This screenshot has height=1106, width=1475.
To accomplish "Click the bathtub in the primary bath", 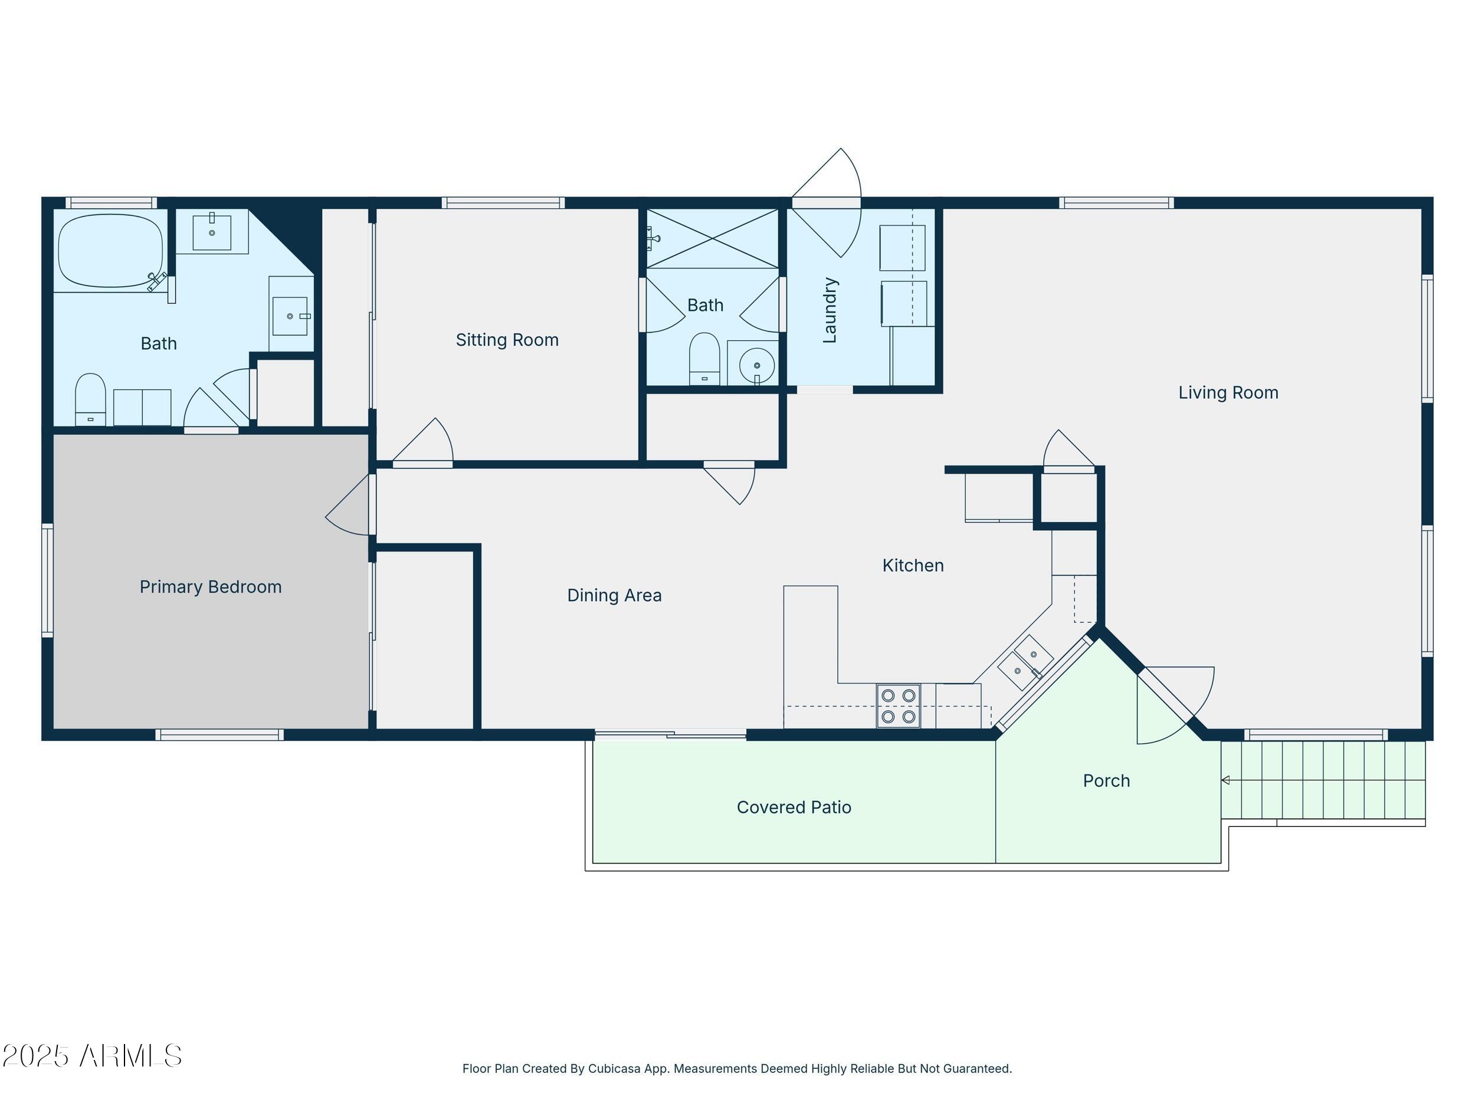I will [110, 251].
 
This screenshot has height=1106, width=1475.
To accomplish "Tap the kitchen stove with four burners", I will [898, 706].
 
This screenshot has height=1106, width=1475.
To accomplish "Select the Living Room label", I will [1228, 393].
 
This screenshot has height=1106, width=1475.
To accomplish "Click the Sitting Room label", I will [507, 340].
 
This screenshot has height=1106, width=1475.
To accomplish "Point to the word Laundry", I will [830, 310].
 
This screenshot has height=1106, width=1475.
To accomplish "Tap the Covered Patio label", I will [794, 808].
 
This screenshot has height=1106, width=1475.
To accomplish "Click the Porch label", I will [1106, 780].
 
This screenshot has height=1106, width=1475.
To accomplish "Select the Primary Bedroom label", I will [210, 587].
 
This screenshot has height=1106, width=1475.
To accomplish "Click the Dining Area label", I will [614, 595].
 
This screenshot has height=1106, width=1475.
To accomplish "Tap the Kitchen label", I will [912, 565].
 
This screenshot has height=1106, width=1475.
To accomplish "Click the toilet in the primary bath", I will [90, 400].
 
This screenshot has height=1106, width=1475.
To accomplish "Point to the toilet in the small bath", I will [704, 360].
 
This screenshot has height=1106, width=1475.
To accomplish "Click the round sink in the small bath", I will [757, 365].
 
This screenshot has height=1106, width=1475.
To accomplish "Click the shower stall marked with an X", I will [712, 239].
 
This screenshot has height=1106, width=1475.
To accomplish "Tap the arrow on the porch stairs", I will [1225, 780].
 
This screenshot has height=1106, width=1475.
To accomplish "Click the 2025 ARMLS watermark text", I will [92, 1056].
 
